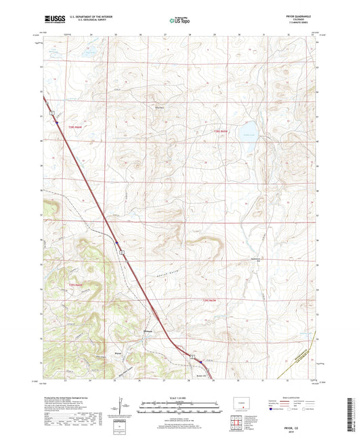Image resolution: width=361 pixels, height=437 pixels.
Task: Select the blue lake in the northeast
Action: pyautogui.click(x=249, y=129)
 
